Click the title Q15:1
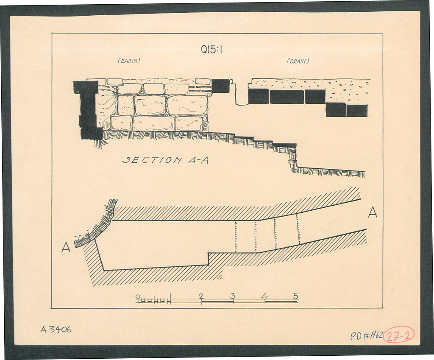pos(212,50)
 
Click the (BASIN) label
pos(129,61)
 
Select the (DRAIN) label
pos(298,61)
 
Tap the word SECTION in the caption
pos(152,160)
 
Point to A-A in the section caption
pos(198,160)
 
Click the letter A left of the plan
pos(66,247)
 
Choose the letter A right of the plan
pos(373,212)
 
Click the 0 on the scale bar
pos(138,296)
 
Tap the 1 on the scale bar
pos(170,296)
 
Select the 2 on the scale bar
pos(201,296)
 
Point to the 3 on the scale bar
pos(233,296)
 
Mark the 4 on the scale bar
pos(264,296)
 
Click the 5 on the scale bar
pos(295,296)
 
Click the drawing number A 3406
pos(56,329)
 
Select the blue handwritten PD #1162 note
pos(367,336)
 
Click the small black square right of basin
pos(220,86)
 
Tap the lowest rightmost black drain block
pos(357,111)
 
